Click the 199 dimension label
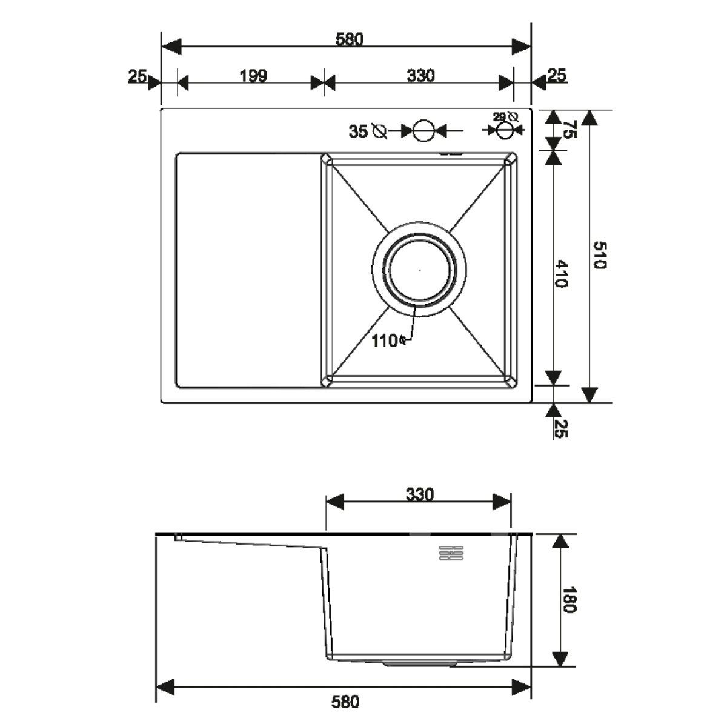253,76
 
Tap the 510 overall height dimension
600,255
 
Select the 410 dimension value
562,273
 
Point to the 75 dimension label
571,129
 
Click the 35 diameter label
368,131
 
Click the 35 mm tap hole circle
423,130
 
